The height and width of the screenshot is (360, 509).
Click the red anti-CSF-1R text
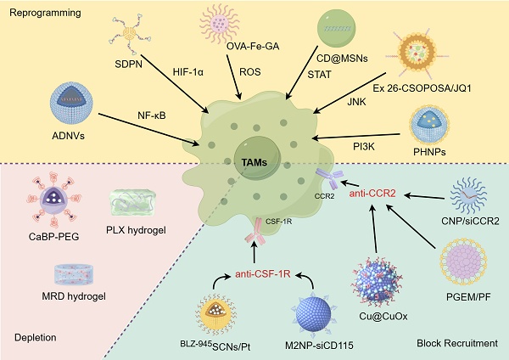264,274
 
